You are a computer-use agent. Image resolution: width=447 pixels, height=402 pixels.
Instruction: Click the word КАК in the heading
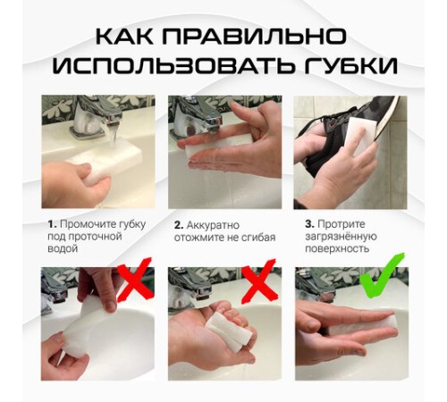pos(131,37)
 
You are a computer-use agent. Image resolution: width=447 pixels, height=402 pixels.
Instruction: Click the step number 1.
pos(52,223)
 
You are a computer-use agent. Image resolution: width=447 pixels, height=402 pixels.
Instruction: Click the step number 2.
pos(179,223)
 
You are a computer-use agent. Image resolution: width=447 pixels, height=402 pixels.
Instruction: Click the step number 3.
pos(309,223)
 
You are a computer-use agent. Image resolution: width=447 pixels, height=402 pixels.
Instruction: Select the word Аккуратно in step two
pos(215,223)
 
